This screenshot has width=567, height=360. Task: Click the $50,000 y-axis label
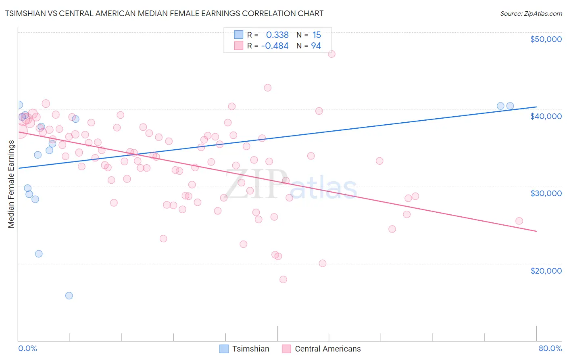pos(546,39)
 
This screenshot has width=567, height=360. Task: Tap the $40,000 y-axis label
pos(546,116)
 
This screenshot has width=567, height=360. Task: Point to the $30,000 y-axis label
pos(546,193)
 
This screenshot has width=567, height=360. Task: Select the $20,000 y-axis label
pos(546,271)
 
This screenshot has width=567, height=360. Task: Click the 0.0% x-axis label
pos(27,349)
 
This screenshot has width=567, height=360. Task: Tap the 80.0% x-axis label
pos(550,349)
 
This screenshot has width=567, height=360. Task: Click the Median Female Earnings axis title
pos(11,184)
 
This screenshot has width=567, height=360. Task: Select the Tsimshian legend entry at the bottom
pos(244,349)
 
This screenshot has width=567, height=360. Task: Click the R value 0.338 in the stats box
pos(277,35)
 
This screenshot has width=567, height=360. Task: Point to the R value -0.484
pos(275,46)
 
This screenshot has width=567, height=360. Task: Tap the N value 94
pos(316,46)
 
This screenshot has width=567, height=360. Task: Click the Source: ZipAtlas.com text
pos(531,14)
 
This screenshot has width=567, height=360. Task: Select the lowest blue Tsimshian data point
pos(69,295)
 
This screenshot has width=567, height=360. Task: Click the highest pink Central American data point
pos(331,54)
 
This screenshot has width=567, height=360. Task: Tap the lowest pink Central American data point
pos(283,279)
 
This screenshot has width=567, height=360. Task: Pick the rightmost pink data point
pos(519,221)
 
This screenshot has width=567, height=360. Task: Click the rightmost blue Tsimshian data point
pos(510,106)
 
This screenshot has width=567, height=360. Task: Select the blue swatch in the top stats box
pos(239,35)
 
